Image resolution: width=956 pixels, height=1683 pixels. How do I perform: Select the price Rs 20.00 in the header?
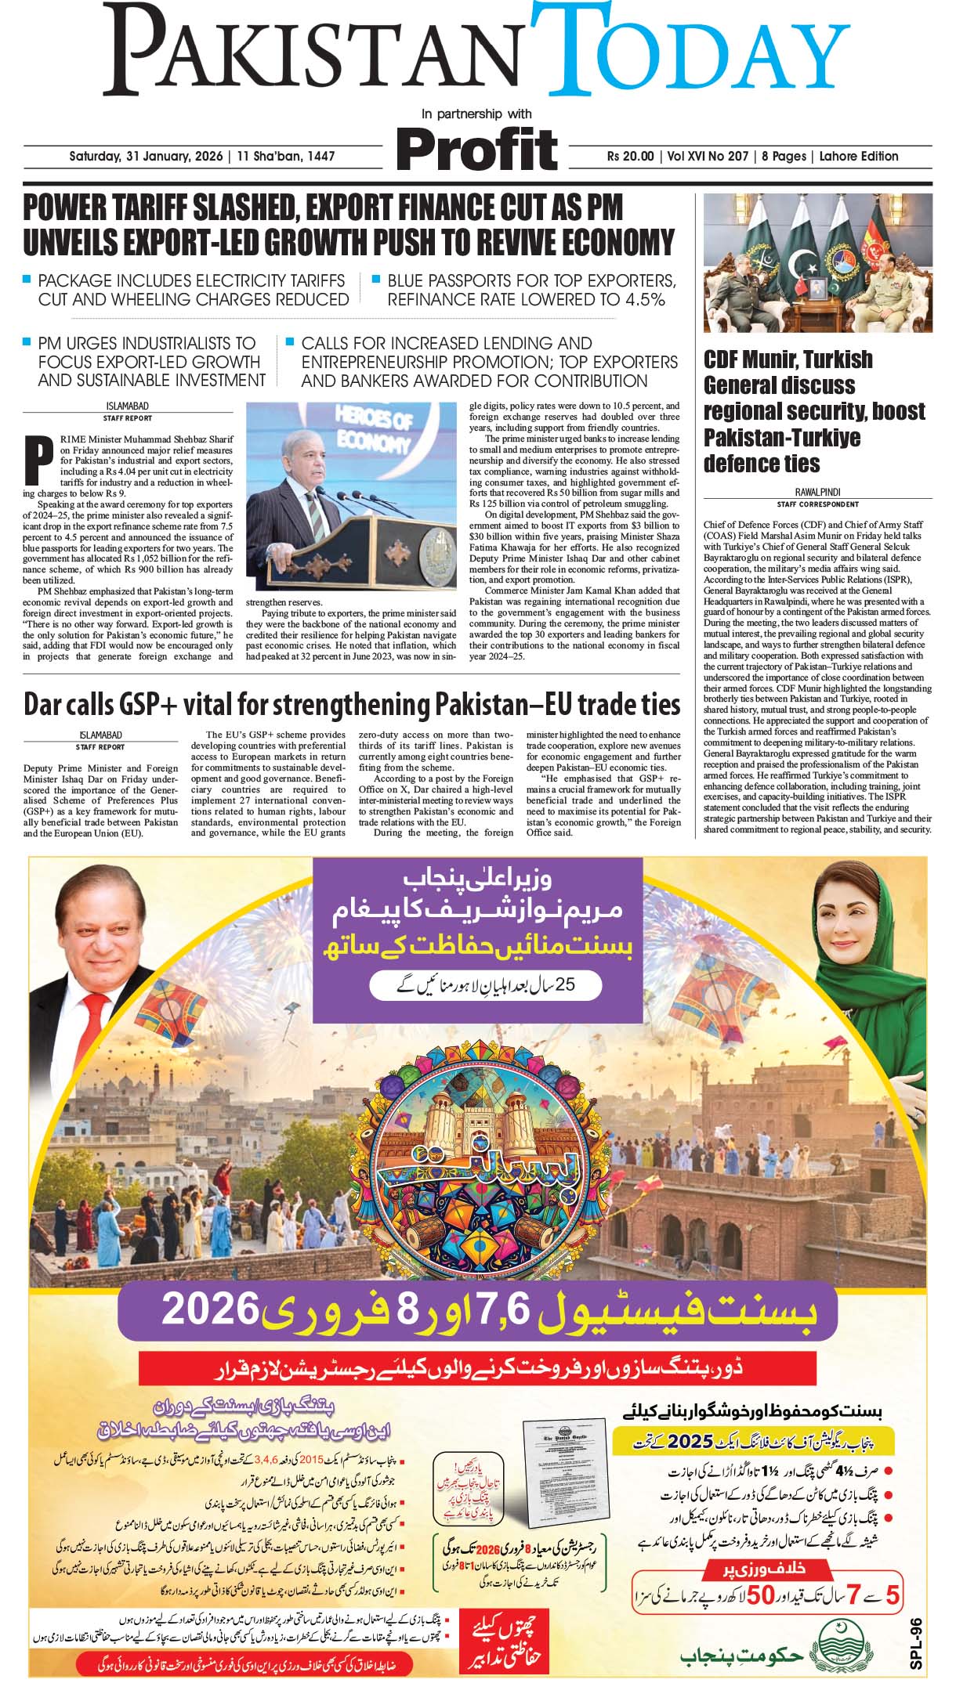coord(630,156)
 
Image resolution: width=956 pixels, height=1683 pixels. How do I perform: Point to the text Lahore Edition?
coord(859,156)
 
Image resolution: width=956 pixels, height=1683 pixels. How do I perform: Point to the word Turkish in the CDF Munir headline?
coord(832,359)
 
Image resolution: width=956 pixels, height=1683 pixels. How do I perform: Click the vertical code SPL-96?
coord(918,1634)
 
